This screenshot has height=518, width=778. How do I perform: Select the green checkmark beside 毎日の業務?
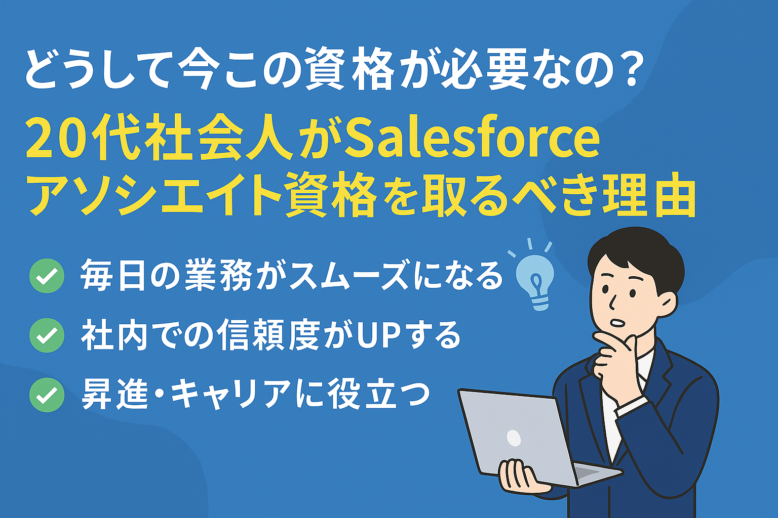(47, 276)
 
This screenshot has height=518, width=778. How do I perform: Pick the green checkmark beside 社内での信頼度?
(47, 335)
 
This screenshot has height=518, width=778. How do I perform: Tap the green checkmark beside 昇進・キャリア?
(47, 395)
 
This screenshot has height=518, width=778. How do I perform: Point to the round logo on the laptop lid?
(514, 438)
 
